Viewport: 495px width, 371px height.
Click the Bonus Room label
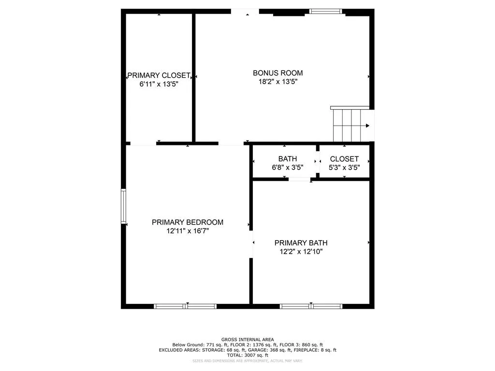click(278, 73)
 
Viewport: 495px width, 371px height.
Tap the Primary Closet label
click(159, 75)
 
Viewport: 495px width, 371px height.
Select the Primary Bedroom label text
click(188, 222)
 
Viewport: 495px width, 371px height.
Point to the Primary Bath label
click(297, 243)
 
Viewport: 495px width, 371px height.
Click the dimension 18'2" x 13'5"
click(278, 82)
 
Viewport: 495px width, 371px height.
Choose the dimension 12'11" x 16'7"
click(188, 231)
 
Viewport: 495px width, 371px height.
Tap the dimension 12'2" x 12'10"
click(297, 251)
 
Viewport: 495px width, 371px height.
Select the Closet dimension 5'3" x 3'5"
click(344, 168)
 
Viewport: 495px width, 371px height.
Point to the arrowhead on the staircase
click(368, 126)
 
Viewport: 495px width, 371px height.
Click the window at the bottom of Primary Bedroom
click(185, 306)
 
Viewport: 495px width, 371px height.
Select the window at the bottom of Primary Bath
click(311, 306)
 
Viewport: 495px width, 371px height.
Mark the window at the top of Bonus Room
click(325, 11)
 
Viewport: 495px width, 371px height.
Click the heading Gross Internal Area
click(247, 340)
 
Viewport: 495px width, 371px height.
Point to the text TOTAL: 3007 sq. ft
click(247, 355)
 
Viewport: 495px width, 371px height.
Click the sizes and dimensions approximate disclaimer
click(247, 361)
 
